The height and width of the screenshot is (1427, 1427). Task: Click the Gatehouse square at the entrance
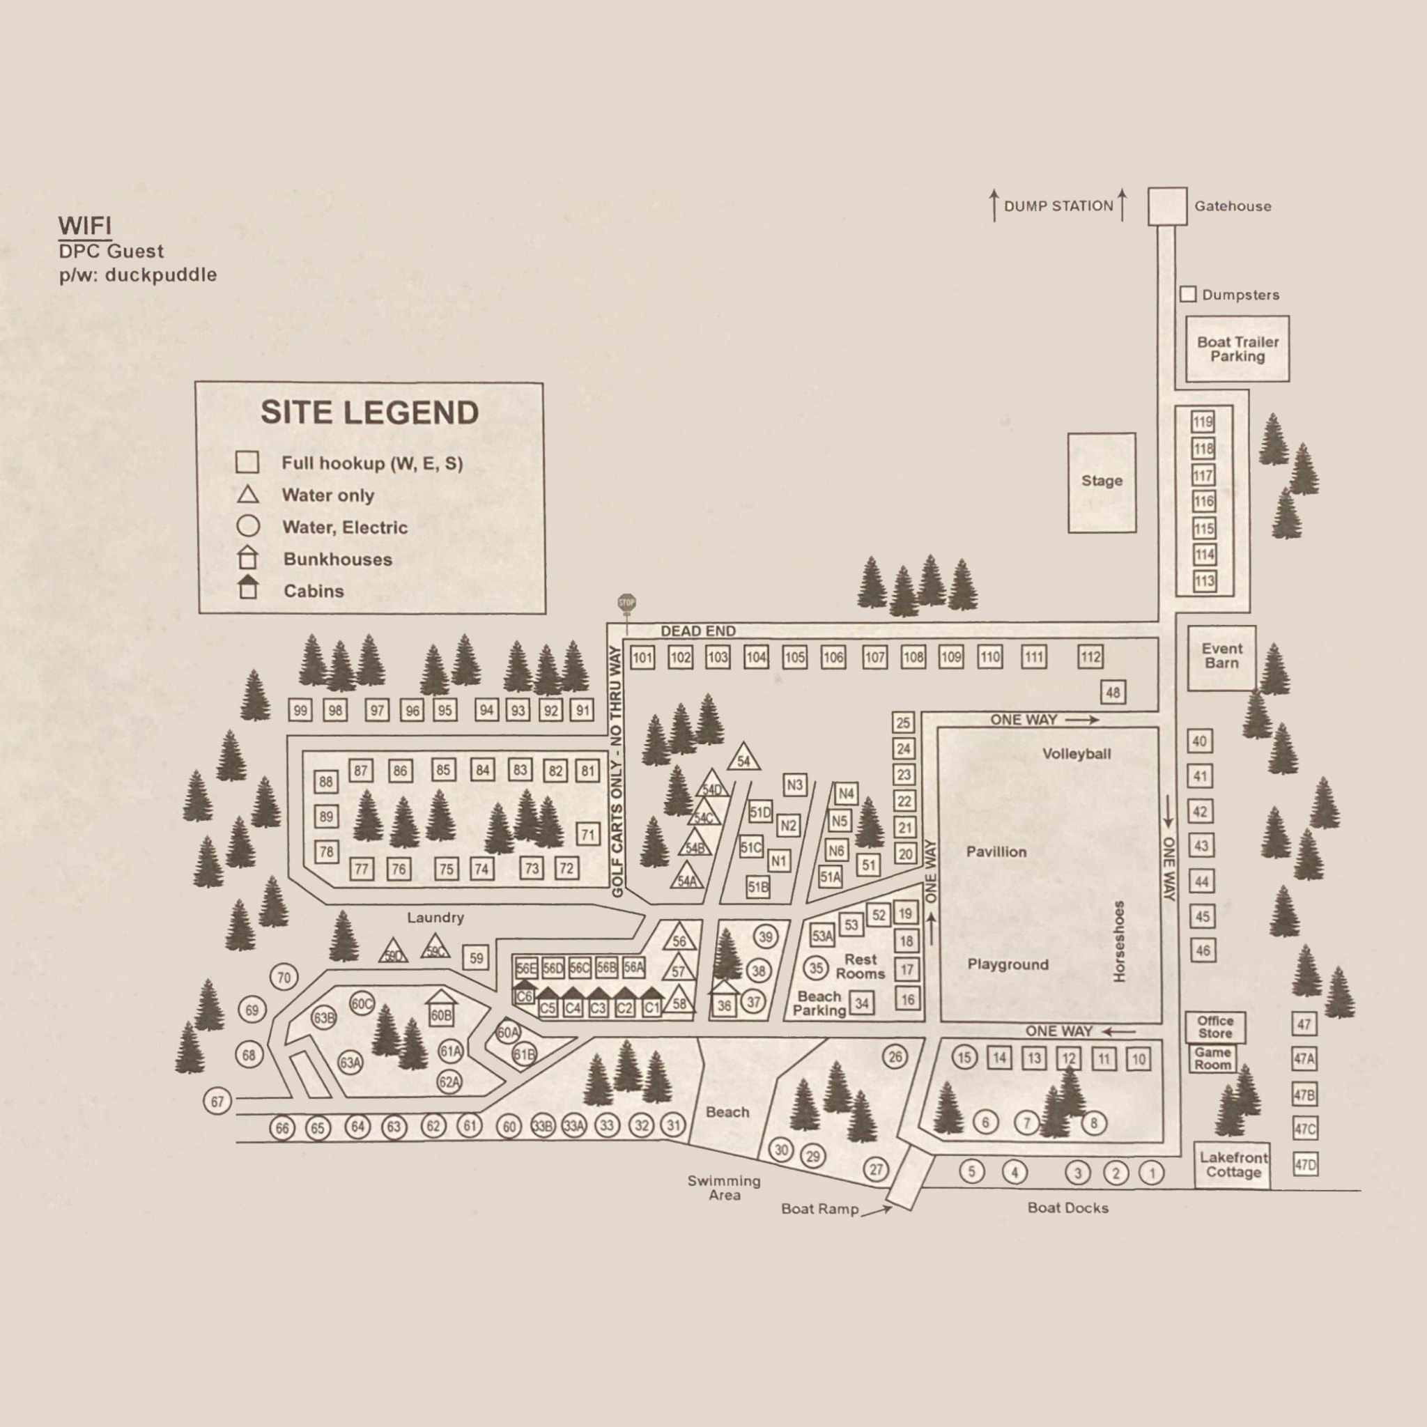(x=1167, y=206)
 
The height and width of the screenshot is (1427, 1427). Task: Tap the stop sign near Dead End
(x=626, y=603)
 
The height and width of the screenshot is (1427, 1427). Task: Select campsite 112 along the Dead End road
(x=1090, y=656)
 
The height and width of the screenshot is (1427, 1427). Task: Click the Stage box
(x=1102, y=482)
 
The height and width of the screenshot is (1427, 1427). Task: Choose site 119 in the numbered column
(x=1203, y=422)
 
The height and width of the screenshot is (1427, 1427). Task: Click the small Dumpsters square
(x=1188, y=295)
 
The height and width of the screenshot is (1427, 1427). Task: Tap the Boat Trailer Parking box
(x=1237, y=348)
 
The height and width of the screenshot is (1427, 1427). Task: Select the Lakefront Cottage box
(x=1232, y=1166)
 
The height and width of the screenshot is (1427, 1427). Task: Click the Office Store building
(x=1215, y=1026)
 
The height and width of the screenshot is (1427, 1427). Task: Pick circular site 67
(x=217, y=1102)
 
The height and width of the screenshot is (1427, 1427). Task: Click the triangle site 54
(x=743, y=759)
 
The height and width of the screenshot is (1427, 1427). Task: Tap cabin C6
(x=525, y=994)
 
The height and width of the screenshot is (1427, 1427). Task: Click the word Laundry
(x=435, y=918)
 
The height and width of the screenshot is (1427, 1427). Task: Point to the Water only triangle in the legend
(x=247, y=495)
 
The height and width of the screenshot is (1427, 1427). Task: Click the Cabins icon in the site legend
(x=248, y=588)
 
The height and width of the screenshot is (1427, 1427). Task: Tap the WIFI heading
(x=84, y=225)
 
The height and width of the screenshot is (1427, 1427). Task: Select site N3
(x=795, y=785)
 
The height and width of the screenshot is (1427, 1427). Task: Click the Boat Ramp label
(x=820, y=1209)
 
